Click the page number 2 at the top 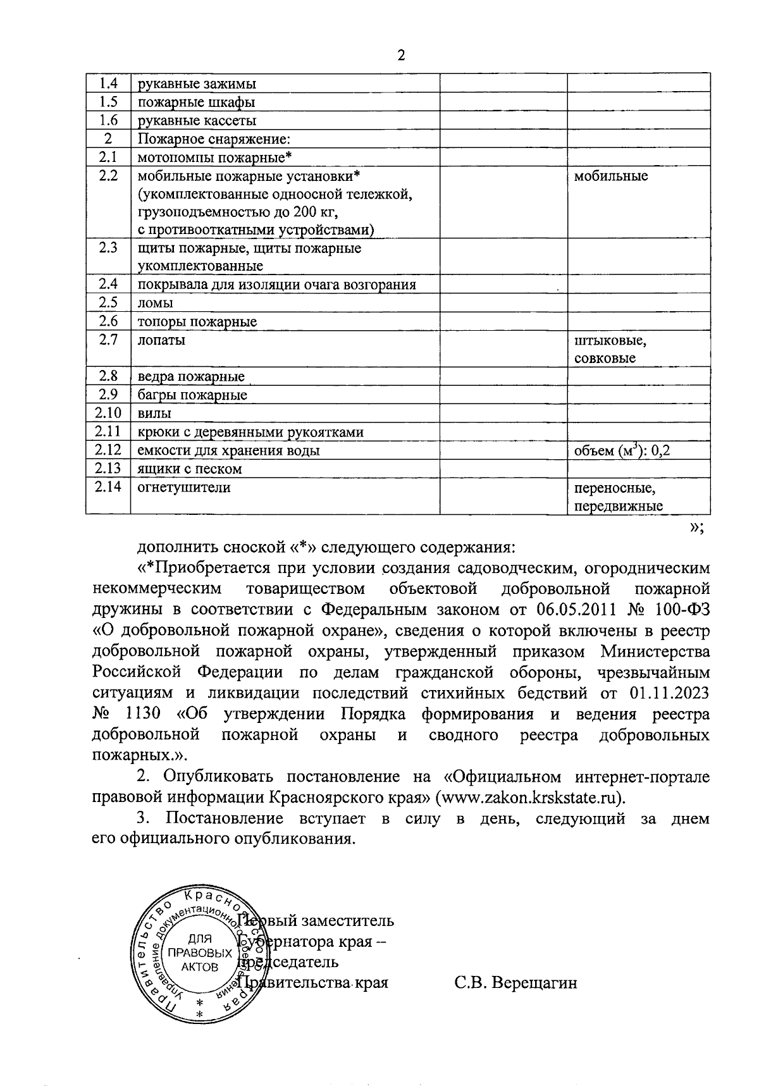point(400,56)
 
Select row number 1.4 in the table point(108,83)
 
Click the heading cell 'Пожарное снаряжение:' point(214,139)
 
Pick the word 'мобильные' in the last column point(610,176)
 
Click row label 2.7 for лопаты point(108,340)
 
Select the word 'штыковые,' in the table point(610,341)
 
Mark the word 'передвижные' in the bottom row point(618,506)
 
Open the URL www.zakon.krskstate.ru point(533,797)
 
